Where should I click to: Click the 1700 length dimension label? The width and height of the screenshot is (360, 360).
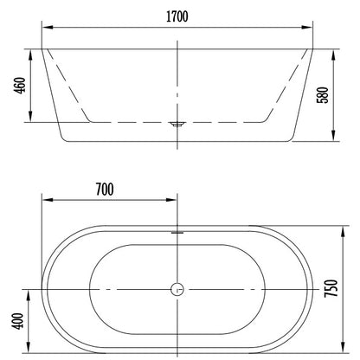(x=177, y=16)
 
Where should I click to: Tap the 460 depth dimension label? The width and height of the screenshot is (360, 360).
(x=20, y=85)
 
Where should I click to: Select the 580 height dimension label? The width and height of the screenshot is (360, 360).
(x=323, y=95)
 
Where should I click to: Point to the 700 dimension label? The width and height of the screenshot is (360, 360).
(x=105, y=190)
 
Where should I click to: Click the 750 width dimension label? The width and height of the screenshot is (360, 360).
(x=331, y=288)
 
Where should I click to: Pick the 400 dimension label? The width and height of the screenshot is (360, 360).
(x=17, y=321)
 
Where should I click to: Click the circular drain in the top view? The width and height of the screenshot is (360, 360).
(x=177, y=289)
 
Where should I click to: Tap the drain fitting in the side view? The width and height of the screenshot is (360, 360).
(x=177, y=125)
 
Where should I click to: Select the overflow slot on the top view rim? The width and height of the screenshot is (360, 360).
(x=177, y=232)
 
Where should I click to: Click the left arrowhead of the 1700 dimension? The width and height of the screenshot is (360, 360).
(x=48, y=28)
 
